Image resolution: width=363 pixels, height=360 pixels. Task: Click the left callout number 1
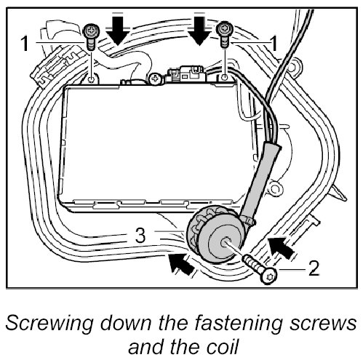tap(25, 44)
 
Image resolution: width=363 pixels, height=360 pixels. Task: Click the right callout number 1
tap(274, 44)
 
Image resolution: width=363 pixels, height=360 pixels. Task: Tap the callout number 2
tap(314, 268)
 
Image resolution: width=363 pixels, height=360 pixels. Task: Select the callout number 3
tap(140, 236)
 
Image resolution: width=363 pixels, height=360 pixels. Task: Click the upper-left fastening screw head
tap(92, 31)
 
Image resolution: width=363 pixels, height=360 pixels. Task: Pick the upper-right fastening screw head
tap(225, 29)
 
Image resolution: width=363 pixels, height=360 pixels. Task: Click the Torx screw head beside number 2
tap(268, 276)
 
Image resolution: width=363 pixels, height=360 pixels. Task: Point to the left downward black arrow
tap(118, 28)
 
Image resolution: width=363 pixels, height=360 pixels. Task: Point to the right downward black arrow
tap(199, 28)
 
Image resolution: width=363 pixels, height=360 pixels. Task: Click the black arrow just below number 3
tap(181, 264)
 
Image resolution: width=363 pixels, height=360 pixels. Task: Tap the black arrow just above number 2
tap(281, 248)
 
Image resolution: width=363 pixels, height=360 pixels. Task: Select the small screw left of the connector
tap(154, 79)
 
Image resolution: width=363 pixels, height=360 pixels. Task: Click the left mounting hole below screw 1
tap(92, 79)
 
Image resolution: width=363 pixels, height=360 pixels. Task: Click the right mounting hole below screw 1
tap(225, 77)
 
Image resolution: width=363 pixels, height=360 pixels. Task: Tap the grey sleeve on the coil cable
tap(260, 180)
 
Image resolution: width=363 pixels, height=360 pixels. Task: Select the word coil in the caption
tap(223, 346)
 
